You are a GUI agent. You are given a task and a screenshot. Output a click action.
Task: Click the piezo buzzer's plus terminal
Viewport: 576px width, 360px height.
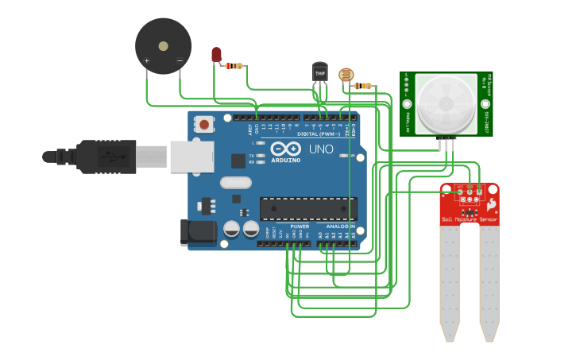[x=146, y=61]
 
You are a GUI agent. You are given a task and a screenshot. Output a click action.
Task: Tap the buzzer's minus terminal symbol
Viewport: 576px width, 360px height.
[x=180, y=61]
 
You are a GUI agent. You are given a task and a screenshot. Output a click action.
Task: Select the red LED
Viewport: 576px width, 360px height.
[x=216, y=54]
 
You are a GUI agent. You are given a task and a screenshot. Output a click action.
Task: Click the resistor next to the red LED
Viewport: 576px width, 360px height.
[x=234, y=66]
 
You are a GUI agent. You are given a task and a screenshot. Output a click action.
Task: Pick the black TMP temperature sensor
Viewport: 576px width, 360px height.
[x=320, y=72]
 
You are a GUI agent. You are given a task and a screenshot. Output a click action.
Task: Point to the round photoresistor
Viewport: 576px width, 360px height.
[x=346, y=75]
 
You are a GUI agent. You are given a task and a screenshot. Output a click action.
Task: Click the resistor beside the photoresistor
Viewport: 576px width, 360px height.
[x=362, y=86]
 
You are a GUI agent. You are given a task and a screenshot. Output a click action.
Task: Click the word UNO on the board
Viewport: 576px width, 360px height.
[x=321, y=149]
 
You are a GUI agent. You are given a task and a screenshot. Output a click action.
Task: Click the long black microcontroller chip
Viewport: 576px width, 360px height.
[x=308, y=208]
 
